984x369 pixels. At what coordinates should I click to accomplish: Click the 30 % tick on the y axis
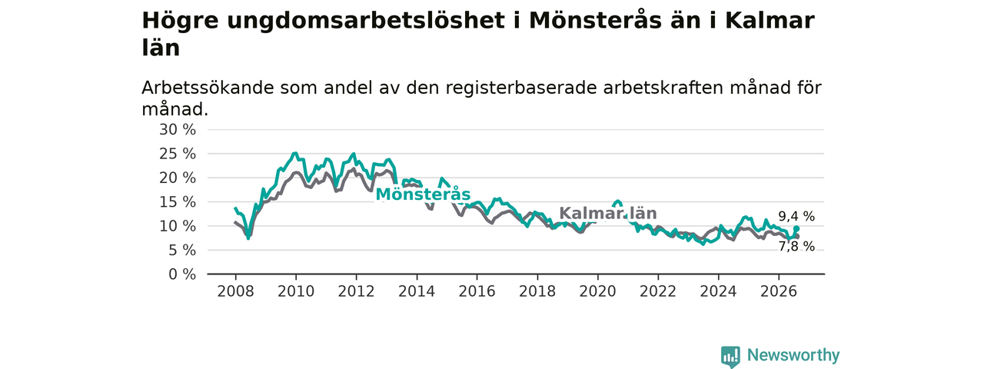coord(178,130)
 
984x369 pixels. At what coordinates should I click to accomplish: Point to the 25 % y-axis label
coord(178,154)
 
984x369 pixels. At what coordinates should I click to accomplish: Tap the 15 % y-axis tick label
coord(178,202)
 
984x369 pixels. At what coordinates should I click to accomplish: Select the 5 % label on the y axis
coord(182,251)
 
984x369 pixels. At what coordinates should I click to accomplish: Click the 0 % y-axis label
coord(182,274)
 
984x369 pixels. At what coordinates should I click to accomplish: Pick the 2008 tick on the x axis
coord(235,291)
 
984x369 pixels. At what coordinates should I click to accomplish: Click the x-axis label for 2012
coord(356,291)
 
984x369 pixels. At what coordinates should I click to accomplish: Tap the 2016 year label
coord(477,291)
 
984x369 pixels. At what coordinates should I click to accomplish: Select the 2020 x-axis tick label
coord(597,291)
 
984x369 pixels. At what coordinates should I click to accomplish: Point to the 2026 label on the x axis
coord(779,291)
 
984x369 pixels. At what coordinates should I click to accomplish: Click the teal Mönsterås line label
coord(423,194)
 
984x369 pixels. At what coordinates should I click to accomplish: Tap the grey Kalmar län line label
coord(608,213)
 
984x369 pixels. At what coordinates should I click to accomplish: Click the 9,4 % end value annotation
coord(796,216)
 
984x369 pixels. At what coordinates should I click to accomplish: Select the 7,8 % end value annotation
coord(796,247)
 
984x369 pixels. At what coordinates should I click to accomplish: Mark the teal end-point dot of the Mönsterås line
coord(796,229)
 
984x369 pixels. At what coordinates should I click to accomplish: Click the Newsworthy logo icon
coord(730,356)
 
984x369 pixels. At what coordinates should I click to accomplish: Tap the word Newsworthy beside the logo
coord(793,355)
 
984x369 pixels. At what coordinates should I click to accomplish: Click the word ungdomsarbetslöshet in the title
coord(366,21)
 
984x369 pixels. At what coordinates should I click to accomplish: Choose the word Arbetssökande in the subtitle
coord(208,88)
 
